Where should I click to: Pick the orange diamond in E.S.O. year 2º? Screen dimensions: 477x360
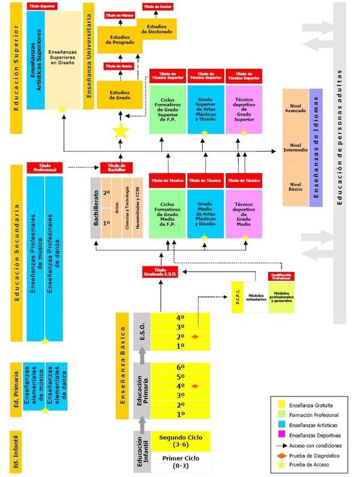[194, 337]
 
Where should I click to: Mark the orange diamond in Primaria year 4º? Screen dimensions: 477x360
[194, 386]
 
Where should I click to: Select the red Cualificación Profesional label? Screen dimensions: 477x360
[281, 277]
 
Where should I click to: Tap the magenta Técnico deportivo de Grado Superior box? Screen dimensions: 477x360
[244, 110]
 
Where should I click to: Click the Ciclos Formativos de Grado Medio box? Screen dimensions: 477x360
[167, 211]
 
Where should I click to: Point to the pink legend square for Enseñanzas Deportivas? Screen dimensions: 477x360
[280, 434]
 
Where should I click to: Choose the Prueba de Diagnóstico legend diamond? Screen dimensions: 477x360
[280, 455]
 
